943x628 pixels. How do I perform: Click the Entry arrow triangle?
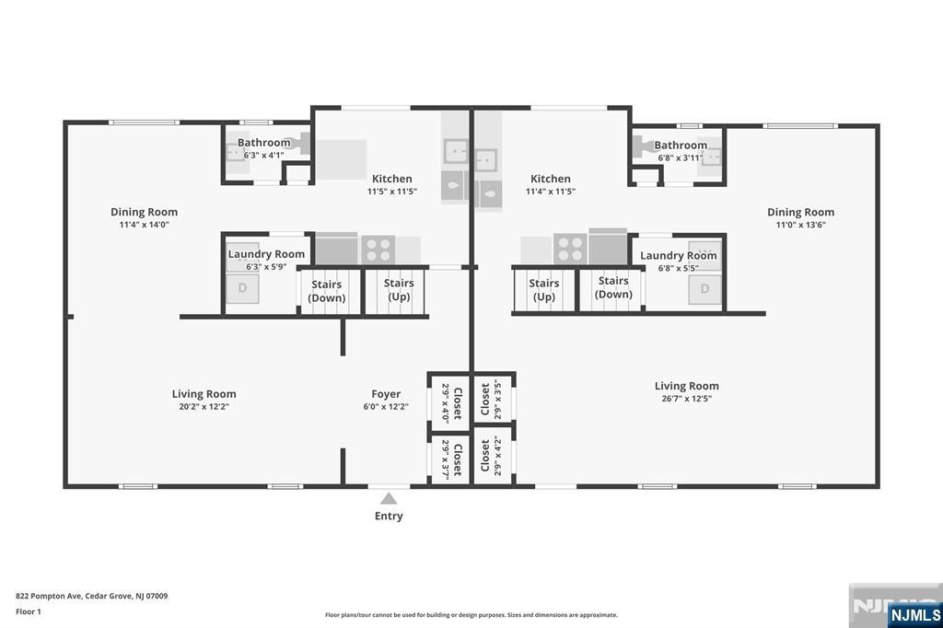tap(389, 498)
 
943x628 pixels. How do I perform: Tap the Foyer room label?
tap(385, 394)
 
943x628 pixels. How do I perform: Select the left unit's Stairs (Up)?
tap(399, 290)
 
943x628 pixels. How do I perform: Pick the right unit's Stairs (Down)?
tap(613, 287)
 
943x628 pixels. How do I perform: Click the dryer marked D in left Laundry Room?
tap(243, 288)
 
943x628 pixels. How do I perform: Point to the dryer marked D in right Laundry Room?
tap(704, 288)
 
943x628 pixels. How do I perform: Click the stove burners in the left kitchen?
tap(378, 249)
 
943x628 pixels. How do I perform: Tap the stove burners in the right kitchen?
tap(570, 249)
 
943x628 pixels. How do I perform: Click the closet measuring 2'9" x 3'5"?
tap(492, 399)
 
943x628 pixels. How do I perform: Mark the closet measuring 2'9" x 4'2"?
tap(492, 456)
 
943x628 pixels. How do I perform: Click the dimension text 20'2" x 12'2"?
tap(204, 406)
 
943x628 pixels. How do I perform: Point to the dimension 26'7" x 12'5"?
tap(686, 399)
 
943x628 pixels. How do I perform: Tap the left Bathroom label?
tap(264, 143)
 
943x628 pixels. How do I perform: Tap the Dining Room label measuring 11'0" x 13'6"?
tap(800, 212)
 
